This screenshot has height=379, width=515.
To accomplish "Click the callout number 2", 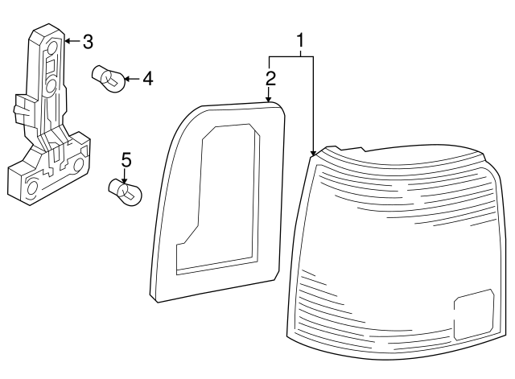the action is coord(270,78).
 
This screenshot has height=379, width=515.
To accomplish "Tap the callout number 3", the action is coord(89,39).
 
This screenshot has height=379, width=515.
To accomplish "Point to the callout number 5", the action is coord(126,159).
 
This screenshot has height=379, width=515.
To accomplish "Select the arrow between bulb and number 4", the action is coord(133,78).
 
